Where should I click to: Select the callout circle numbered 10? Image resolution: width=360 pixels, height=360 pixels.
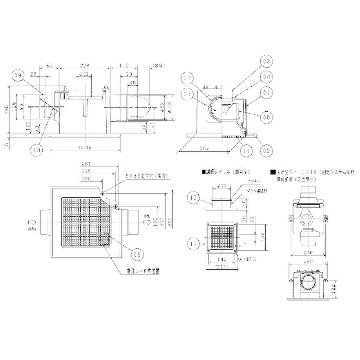click(37, 150)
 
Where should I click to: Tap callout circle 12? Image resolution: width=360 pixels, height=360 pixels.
click(193, 242)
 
